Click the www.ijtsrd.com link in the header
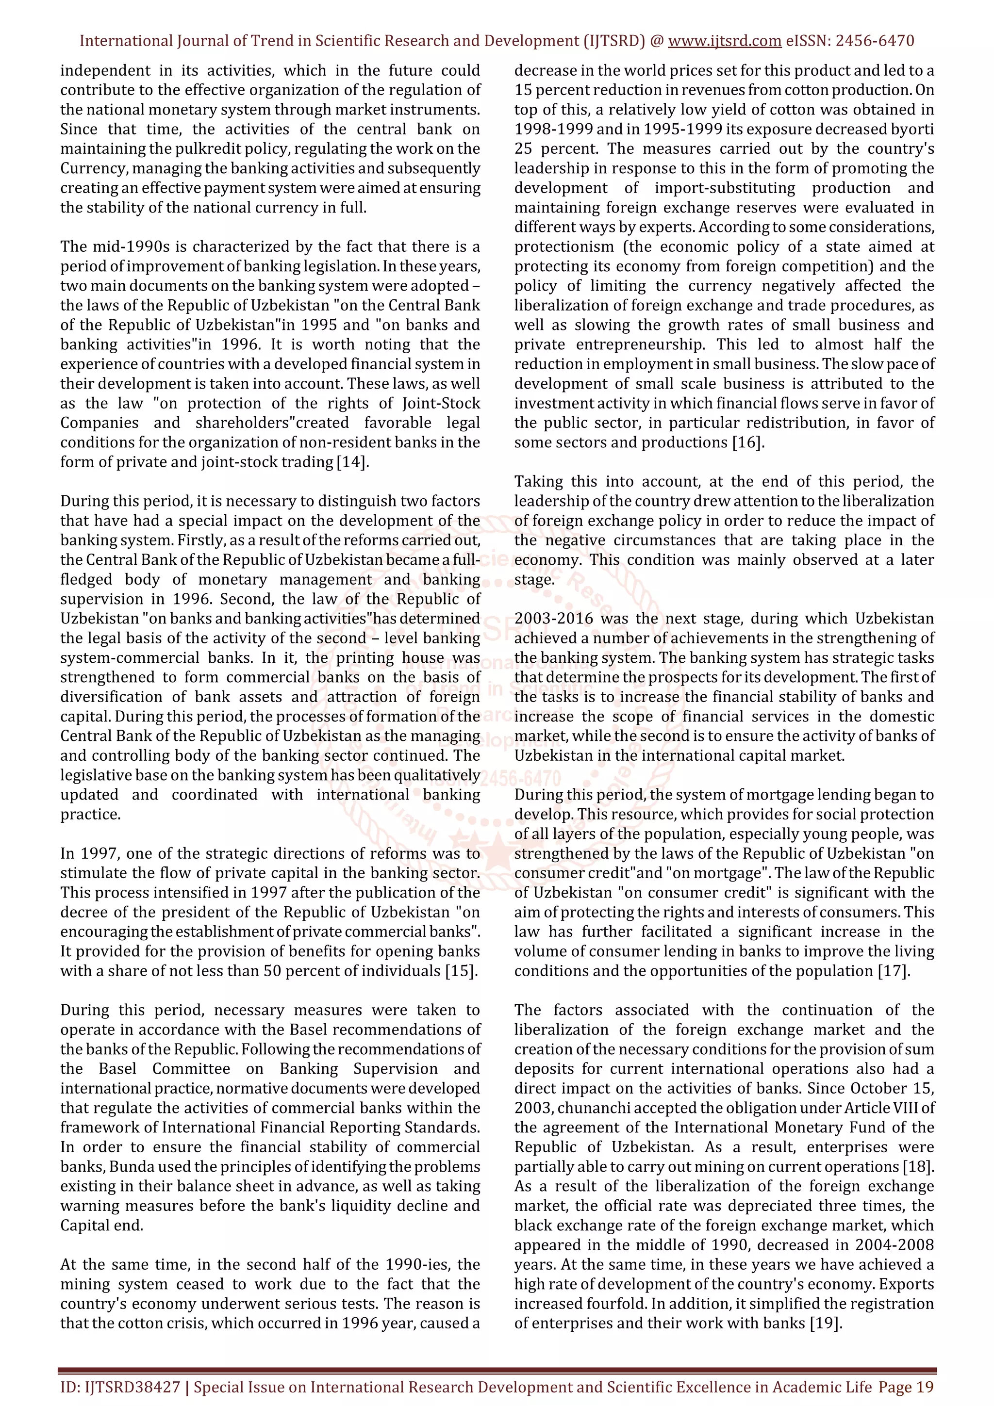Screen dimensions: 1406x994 (x=724, y=41)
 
